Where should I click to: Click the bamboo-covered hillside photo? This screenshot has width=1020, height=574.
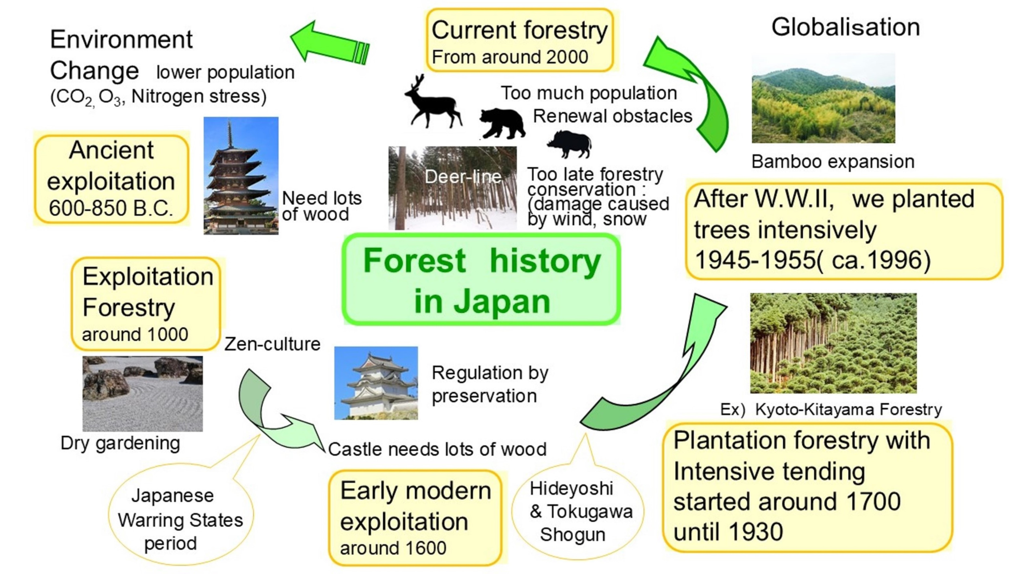[823, 98]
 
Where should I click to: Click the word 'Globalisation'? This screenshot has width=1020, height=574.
[845, 28]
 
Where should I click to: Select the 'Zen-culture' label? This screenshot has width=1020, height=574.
[272, 344]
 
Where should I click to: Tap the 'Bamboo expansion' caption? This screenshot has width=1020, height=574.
[833, 162]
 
